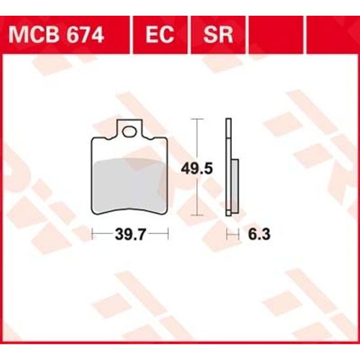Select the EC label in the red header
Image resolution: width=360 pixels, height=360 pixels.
coord(160,34)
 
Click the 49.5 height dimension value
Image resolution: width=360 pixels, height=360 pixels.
coord(196,169)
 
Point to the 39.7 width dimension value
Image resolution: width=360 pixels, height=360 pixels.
coord(130,234)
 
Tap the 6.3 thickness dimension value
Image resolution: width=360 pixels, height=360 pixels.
coord(256,234)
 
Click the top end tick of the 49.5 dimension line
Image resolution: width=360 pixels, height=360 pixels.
coord(198,119)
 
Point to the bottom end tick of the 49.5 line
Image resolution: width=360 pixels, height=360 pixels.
coord(198,217)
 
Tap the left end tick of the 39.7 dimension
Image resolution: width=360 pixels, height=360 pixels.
coord(92,234)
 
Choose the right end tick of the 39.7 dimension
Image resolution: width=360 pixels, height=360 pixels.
coord(169,234)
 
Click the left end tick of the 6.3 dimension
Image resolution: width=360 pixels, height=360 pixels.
coord(226,234)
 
